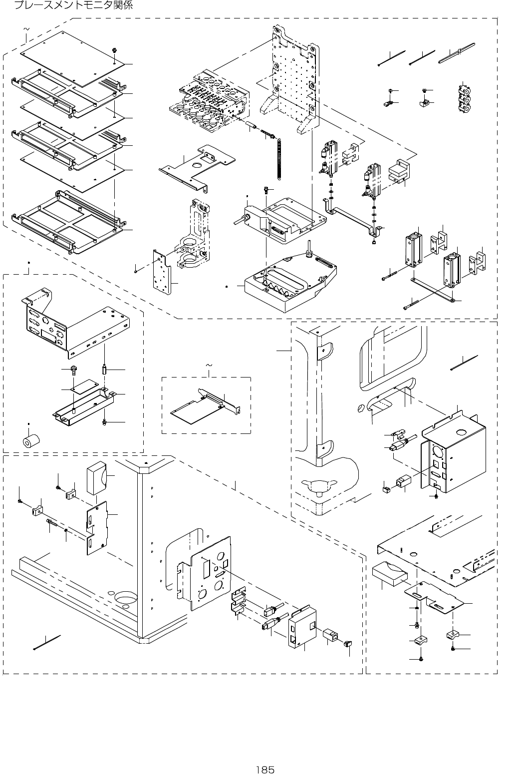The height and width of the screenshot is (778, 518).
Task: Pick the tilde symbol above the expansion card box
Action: [x=209, y=366]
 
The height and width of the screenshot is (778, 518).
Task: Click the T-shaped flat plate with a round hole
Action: [x=198, y=165]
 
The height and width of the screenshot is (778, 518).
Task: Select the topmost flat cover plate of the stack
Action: [x=70, y=56]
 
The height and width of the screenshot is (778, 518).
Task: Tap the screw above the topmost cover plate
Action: [x=115, y=50]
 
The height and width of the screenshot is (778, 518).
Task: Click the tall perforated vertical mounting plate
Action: [x=294, y=80]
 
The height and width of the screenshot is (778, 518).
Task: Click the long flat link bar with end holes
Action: [x=432, y=290]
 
